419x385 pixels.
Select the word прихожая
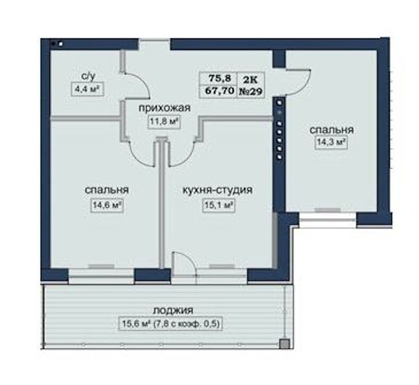pyautogui.click(x=165, y=108)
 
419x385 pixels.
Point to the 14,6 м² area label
pyautogui.click(x=107, y=205)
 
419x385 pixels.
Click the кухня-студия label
pyautogui.click(x=217, y=190)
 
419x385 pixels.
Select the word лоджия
pyautogui.click(x=173, y=311)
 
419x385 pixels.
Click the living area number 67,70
pyautogui.click(x=219, y=91)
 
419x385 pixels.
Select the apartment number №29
pyautogui.click(x=250, y=91)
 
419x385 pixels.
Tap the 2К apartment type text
pyautogui.click(x=250, y=79)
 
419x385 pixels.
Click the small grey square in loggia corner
pyautogui.click(x=284, y=344)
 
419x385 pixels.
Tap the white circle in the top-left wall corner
pyautogui.click(x=61, y=43)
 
